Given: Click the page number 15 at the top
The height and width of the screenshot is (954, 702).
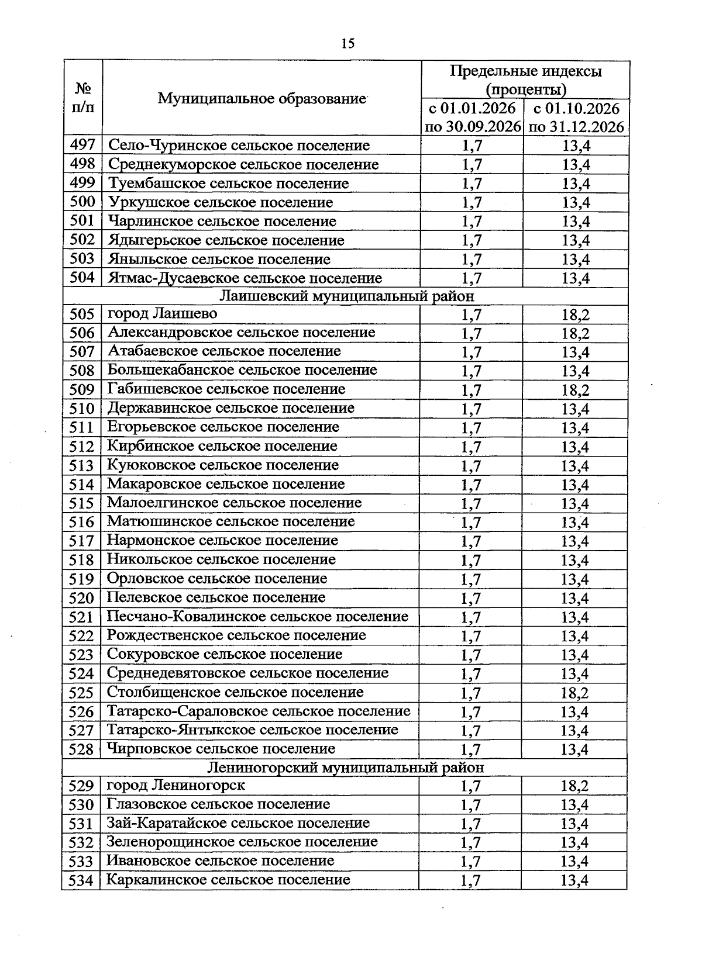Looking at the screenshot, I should (x=347, y=44).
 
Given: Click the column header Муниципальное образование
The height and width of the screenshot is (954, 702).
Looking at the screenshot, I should (x=261, y=98).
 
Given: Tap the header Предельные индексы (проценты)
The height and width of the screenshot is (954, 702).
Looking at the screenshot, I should (x=525, y=80).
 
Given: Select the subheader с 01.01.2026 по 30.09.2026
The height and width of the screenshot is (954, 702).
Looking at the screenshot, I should (x=472, y=117).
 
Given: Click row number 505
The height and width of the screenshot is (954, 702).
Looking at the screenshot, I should (x=82, y=314).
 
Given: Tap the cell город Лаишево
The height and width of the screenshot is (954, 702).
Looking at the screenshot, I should (x=162, y=314).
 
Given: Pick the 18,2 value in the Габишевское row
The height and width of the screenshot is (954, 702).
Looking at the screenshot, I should (x=575, y=390).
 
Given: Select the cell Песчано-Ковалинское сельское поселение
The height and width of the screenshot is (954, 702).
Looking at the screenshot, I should (x=257, y=617).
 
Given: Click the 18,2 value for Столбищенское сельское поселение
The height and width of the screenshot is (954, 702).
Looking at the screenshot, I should (x=574, y=693).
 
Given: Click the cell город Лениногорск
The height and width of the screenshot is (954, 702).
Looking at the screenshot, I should (x=175, y=785).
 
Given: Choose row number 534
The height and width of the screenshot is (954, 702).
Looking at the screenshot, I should (x=81, y=880).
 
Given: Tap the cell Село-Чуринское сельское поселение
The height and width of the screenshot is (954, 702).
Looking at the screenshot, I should (x=239, y=146).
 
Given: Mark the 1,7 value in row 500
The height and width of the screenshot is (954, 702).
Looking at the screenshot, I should (x=472, y=203).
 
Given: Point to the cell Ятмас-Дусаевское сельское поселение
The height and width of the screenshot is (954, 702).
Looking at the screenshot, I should (x=245, y=278).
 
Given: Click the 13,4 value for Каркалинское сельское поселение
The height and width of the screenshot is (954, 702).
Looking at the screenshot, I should (x=574, y=880).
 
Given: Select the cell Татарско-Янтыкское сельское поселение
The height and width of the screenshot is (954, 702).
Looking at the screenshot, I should (x=252, y=730).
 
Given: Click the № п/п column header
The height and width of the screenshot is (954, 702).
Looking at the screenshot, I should (x=83, y=98).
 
